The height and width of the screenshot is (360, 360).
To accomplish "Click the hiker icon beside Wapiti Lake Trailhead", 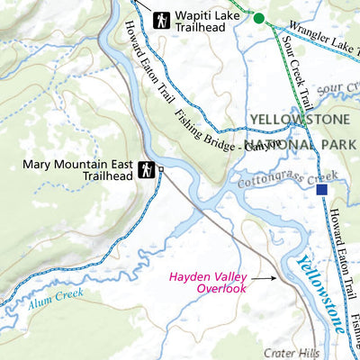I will tap(162, 18).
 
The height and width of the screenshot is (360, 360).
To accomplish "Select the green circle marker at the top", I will tap(259, 18).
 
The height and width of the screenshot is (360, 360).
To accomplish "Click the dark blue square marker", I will tap(322, 190).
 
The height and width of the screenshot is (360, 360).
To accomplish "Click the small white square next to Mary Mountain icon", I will tap(161, 168).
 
